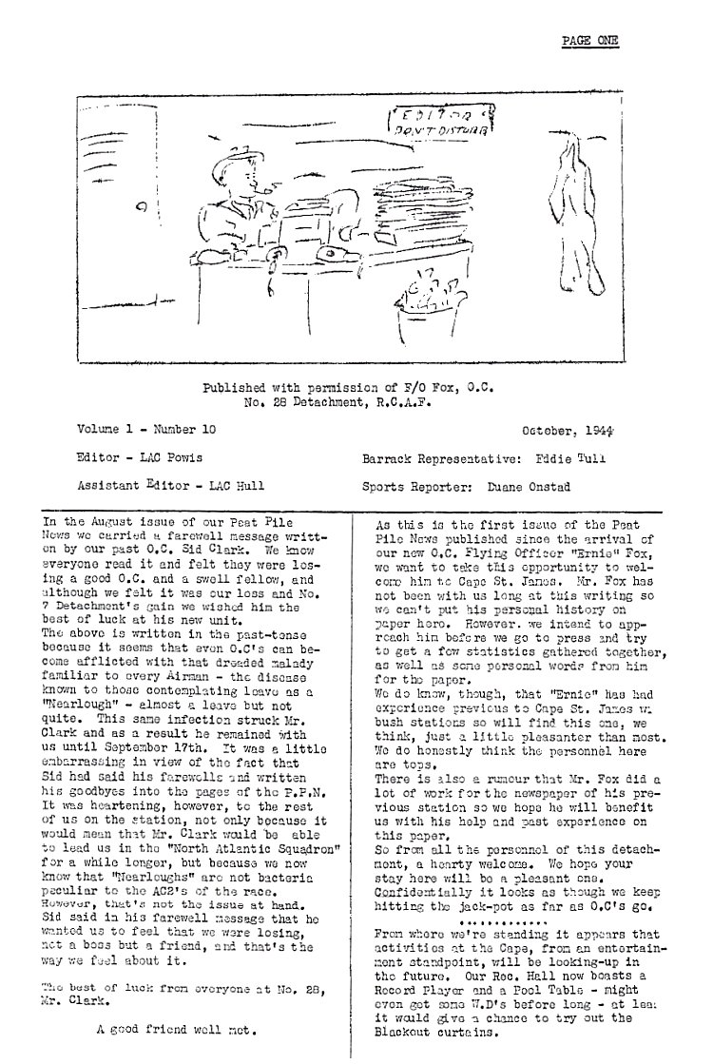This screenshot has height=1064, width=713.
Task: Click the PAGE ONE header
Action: [x=589, y=40]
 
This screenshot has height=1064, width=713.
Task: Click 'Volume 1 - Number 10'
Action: [x=146, y=430]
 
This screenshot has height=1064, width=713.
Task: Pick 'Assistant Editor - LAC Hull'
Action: [x=172, y=486]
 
